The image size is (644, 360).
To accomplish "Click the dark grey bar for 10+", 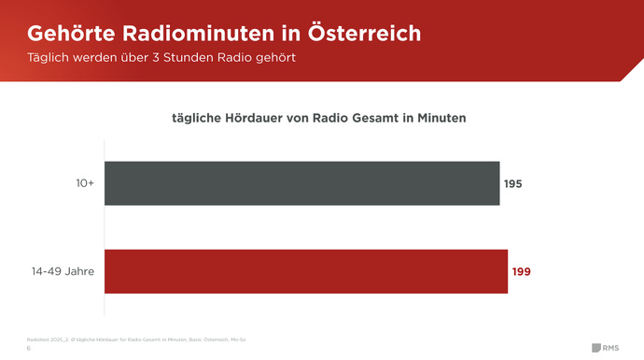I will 301,183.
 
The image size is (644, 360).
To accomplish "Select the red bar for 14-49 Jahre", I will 306,271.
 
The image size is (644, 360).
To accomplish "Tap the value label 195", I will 512,184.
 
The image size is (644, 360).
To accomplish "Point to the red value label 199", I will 521,272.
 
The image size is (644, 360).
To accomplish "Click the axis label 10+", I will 85,184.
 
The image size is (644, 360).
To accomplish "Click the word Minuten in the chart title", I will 439,119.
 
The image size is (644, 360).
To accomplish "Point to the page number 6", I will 29,347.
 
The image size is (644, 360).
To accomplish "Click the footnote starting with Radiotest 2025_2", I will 136,338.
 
